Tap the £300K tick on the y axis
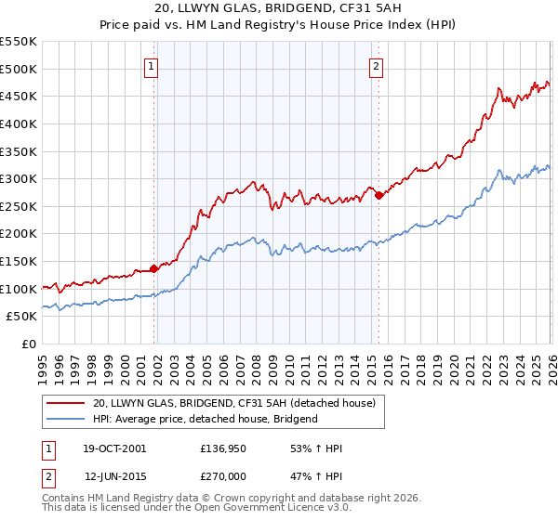click(x=19, y=178)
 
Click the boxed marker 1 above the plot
click(x=152, y=65)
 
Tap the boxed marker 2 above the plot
click(x=377, y=65)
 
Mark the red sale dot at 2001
click(x=153, y=269)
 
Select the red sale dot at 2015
click(x=379, y=195)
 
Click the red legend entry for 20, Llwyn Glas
click(x=233, y=403)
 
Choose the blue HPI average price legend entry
click(x=205, y=419)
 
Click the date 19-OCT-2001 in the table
click(x=115, y=448)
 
